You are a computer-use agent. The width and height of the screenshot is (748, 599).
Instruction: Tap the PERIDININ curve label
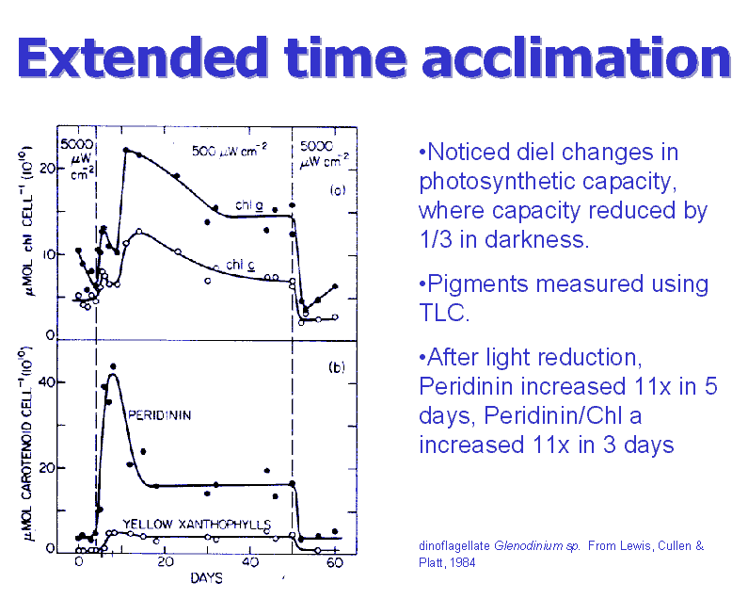click(160, 415)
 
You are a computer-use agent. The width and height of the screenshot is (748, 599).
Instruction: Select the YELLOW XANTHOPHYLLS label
click(198, 523)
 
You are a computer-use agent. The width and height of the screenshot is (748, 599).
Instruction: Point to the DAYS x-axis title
click(206, 577)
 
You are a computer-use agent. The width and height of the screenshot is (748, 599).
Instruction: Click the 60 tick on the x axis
click(335, 563)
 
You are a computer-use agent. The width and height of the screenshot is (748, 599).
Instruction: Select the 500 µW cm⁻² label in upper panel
click(231, 151)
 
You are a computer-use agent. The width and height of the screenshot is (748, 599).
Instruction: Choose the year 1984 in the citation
click(459, 563)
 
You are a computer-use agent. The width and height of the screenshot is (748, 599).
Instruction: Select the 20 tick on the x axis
click(164, 563)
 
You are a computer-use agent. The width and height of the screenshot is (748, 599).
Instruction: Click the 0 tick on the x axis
click(79, 563)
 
